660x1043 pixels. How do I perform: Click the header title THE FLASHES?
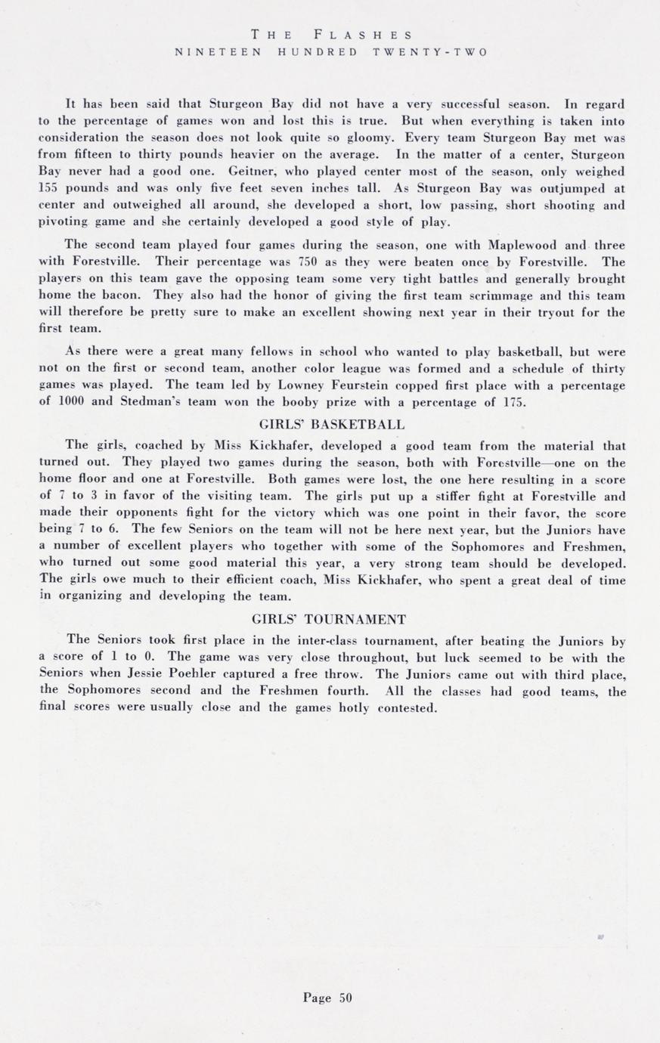(x=331, y=35)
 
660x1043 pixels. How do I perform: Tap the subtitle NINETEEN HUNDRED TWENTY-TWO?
(x=331, y=52)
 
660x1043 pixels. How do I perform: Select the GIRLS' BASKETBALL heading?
(x=331, y=424)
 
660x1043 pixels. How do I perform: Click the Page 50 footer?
(x=328, y=997)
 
